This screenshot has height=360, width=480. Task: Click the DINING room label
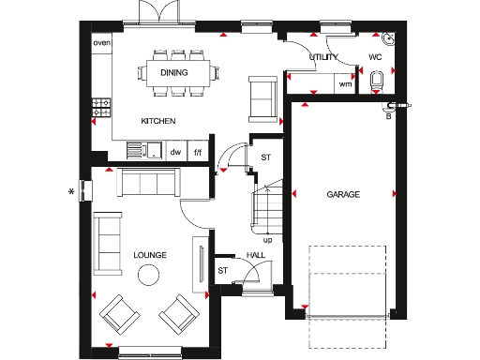[x=174, y=72]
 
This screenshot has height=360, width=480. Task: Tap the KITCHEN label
[x=157, y=122]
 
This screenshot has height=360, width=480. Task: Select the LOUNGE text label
[x=150, y=254]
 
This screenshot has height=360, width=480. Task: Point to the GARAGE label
[x=343, y=195]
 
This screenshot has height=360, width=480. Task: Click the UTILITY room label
[x=323, y=57]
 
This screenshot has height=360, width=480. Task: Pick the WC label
[x=375, y=57]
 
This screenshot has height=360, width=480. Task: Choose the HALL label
[x=256, y=254]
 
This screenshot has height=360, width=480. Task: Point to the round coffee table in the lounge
[x=148, y=276]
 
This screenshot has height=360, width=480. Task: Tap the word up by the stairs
[x=268, y=240]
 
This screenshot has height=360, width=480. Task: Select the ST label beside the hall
[x=222, y=270]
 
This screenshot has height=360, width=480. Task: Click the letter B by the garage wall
[x=387, y=115]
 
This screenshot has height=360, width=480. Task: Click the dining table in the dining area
[x=174, y=72]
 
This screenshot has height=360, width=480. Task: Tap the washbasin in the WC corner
[x=388, y=39]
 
